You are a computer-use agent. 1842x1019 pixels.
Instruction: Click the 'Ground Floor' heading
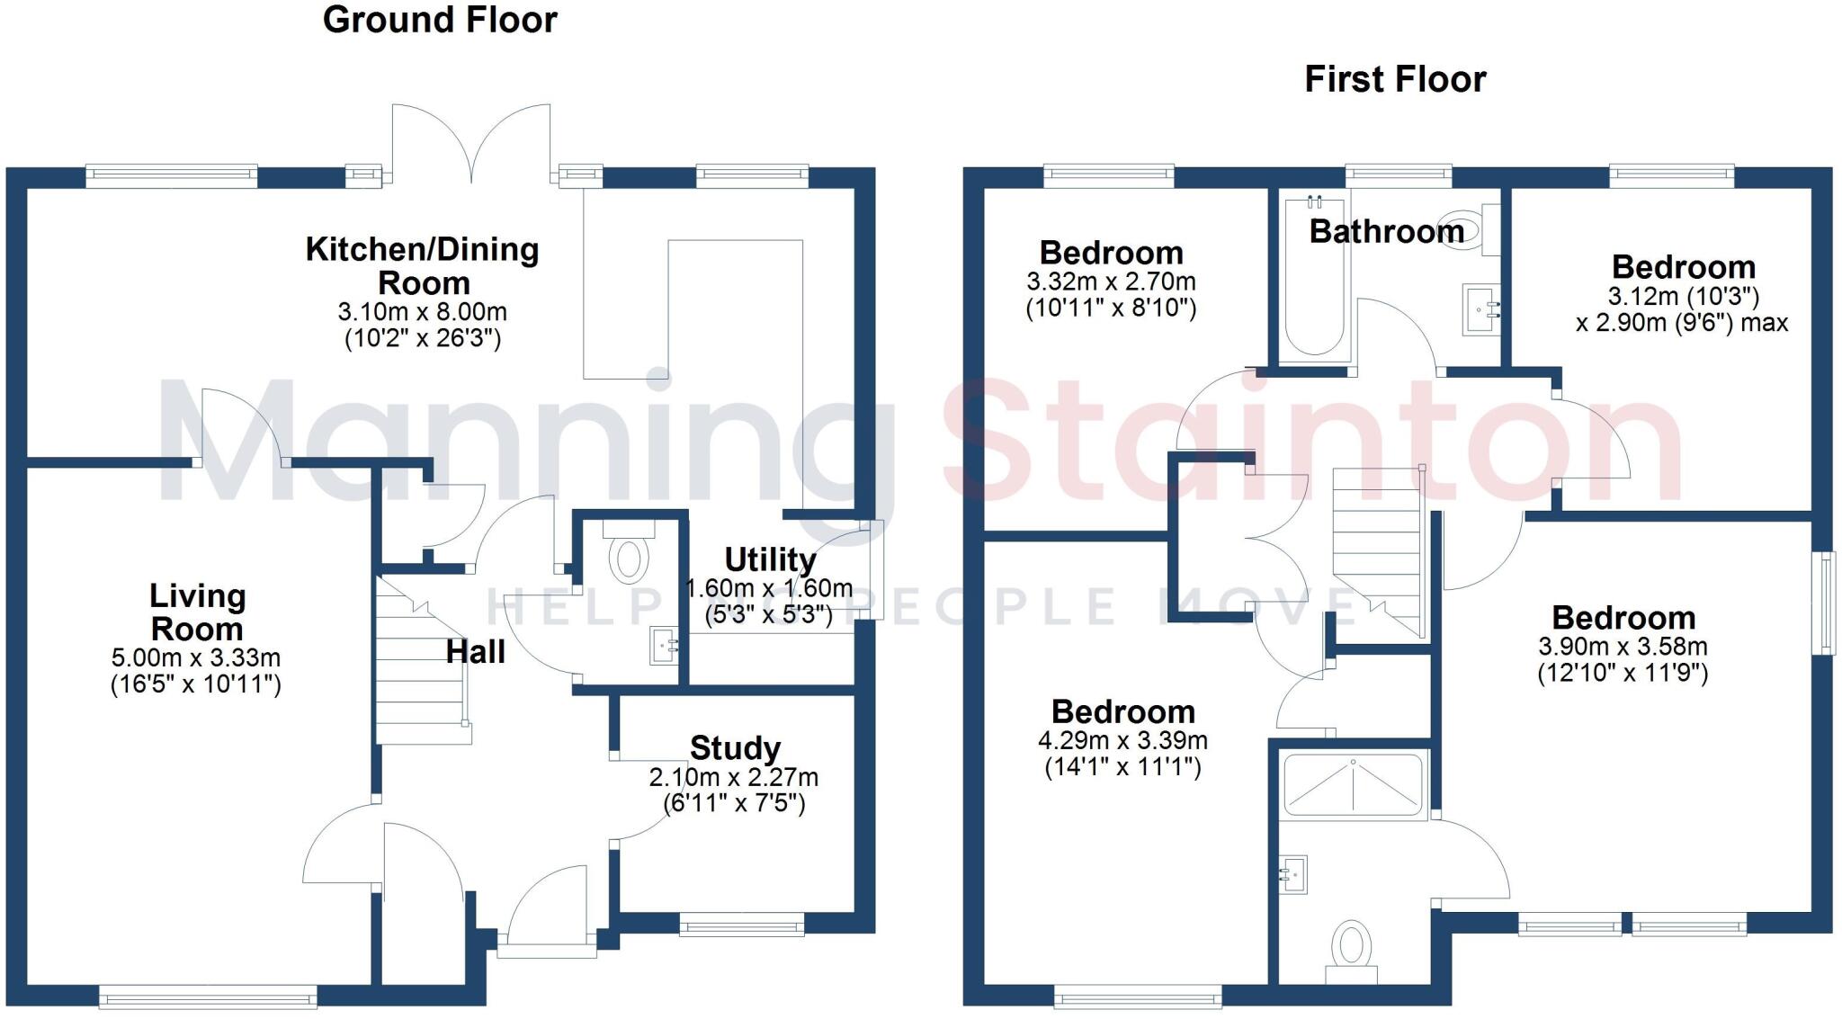[440, 20]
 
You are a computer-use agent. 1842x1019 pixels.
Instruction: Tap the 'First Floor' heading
[1395, 79]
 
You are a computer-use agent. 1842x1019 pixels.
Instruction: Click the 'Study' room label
[735, 747]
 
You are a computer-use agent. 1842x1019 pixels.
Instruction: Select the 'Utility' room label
[770, 559]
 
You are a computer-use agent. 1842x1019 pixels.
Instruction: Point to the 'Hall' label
[475, 652]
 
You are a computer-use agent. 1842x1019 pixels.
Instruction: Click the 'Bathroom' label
[1386, 232]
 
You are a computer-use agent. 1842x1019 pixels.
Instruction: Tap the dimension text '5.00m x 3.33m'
[196, 657]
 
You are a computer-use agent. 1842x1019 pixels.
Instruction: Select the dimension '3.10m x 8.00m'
[422, 312]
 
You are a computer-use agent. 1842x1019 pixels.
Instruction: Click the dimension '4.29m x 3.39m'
[1122, 740]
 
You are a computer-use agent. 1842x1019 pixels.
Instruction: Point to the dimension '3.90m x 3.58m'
[1623, 646]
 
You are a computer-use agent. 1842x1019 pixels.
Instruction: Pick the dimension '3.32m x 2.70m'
[1111, 282]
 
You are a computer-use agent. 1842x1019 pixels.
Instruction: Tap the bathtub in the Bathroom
[1314, 279]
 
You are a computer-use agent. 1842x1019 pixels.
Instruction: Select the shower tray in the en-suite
[1353, 784]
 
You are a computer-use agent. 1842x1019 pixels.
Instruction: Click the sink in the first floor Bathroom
[1480, 309]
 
